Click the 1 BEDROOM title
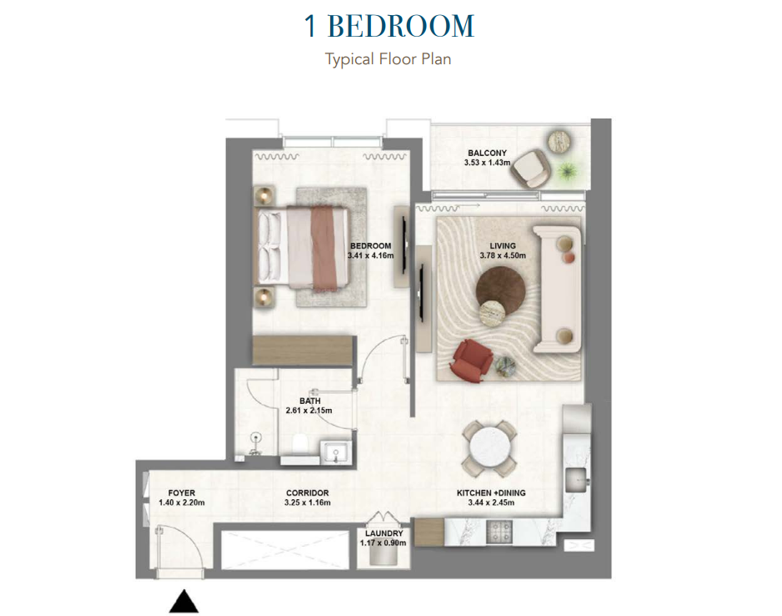click(389, 26)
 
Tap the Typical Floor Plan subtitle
click(388, 59)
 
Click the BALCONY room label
click(487, 153)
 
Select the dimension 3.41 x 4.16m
click(370, 255)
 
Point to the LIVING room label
click(503, 245)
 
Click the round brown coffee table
click(499, 289)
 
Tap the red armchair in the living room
click(470, 361)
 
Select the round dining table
click(489, 448)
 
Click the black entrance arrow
click(184, 601)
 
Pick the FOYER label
click(182, 492)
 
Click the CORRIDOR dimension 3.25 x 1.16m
click(307, 502)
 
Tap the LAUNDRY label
click(383, 533)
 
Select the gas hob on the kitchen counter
click(499, 533)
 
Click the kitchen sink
click(577, 480)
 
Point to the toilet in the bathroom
click(301, 443)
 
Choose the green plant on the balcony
click(567, 171)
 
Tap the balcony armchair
click(529, 169)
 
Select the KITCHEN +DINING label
click(491, 492)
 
